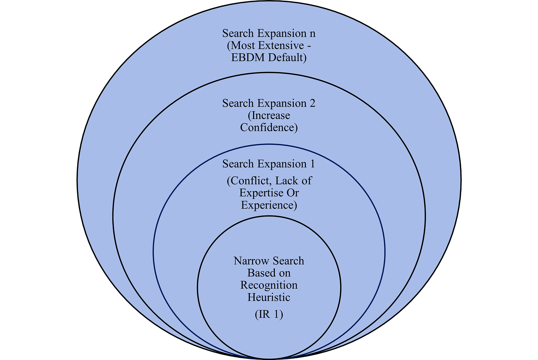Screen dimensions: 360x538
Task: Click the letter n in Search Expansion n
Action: (x=312, y=34)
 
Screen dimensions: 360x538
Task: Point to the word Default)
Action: (x=287, y=58)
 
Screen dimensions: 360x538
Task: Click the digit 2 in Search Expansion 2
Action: (x=312, y=103)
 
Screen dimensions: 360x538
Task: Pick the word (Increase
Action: (x=269, y=115)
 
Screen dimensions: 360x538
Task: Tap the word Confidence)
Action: (x=269, y=128)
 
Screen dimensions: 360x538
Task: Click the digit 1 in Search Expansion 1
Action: (x=312, y=164)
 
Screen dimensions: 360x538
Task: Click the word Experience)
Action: (x=269, y=205)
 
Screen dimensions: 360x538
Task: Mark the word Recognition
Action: (x=269, y=285)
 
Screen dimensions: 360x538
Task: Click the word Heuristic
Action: (x=269, y=298)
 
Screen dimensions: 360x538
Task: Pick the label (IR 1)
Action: (x=269, y=315)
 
